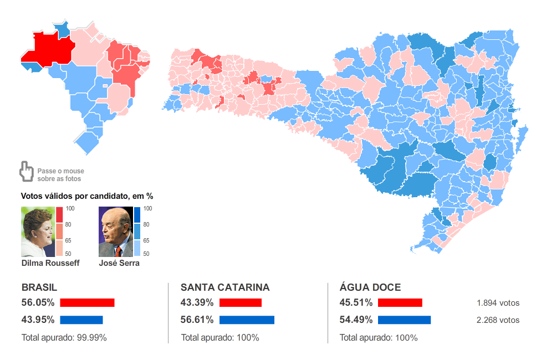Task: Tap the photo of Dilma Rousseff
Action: (x=37, y=232)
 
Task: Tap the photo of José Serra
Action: (x=115, y=232)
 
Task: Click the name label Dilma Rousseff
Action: (x=50, y=263)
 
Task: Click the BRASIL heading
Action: (x=39, y=287)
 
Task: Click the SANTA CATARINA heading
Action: (x=225, y=287)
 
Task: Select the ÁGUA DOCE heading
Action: (x=370, y=287)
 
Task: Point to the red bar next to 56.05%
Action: (x=87, y=303)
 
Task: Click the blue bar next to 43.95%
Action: (x=81, y=320)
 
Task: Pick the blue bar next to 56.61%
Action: (x=247, y=320)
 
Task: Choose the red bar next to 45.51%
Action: (x=400, y=303)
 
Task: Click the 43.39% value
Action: (x=197, y=303)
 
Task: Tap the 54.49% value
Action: (x=356, y=320)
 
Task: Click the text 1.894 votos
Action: (x=498, y=303)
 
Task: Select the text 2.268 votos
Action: (x=498, y=320)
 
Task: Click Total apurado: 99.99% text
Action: (x=64, y=337)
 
